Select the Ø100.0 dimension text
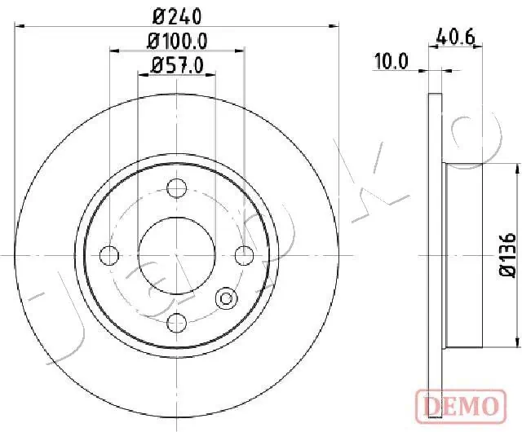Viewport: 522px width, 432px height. point(177,41)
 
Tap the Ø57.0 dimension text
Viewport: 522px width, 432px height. point(177,64)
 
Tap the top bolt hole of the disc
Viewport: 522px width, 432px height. point(175,188)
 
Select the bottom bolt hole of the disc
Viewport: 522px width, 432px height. point(175,324)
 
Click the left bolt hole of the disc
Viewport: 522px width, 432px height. point(108,256)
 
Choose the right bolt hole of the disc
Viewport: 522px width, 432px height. point(243,256)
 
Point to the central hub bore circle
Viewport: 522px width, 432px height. point(175,256)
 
